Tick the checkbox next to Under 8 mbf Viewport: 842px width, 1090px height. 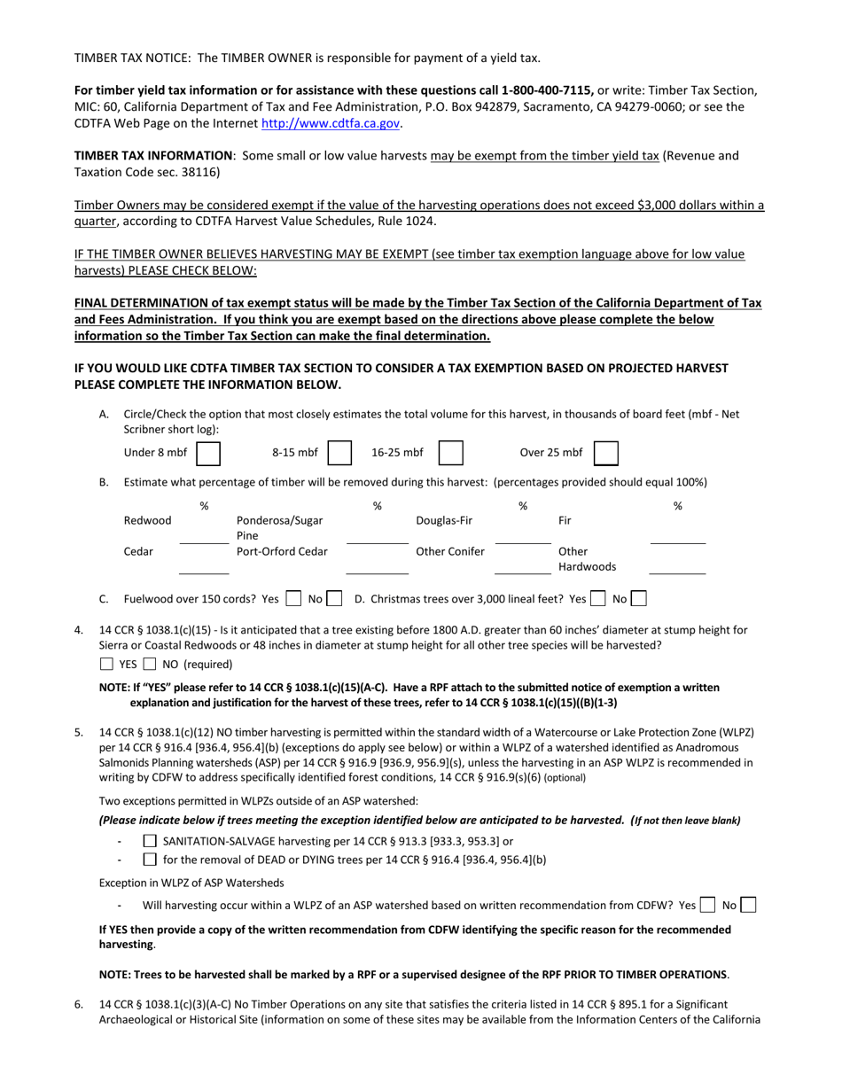[208, 453]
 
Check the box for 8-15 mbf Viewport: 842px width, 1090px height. [339, 453]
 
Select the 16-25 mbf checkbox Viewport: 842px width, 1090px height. [450, 453]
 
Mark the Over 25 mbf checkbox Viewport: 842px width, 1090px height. [605, 453]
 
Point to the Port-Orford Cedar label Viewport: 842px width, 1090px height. [282, 551]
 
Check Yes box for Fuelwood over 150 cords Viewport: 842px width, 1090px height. [293, 599]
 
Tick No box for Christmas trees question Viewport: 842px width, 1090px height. [638, 599]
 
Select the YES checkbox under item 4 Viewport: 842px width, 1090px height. [106, 664]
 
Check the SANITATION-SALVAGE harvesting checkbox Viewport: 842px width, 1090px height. [150, 841]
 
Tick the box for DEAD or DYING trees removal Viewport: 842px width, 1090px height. [150, 859]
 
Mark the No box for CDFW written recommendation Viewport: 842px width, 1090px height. [747, 905]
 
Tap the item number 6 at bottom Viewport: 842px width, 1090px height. [79, 1004]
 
